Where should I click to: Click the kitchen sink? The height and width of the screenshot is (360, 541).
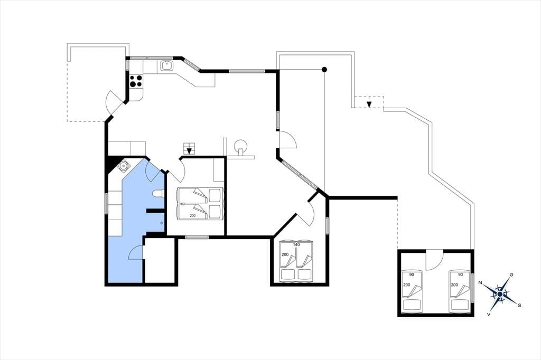click(166, 65)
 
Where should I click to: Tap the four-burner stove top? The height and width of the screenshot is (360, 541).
click(136, 81)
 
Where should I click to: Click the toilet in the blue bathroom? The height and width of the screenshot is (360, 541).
click(158, 194)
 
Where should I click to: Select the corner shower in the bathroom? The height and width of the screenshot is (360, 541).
click(123, 166)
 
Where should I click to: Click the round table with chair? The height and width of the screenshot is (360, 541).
click(240, 146)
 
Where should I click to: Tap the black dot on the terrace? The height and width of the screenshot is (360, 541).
click(324, 70)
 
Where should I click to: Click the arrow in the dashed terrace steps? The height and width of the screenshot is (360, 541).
click(369, 104)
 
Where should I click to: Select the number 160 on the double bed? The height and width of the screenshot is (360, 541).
click(182, 204)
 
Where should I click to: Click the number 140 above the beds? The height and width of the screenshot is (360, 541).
click(296, 244)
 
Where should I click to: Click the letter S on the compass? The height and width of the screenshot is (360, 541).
click(519, 305)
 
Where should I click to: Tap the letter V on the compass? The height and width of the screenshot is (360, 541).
click(489, 314)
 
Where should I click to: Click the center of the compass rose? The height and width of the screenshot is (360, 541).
click(500, 294)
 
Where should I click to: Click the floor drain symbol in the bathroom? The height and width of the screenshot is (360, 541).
click(162, 223)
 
